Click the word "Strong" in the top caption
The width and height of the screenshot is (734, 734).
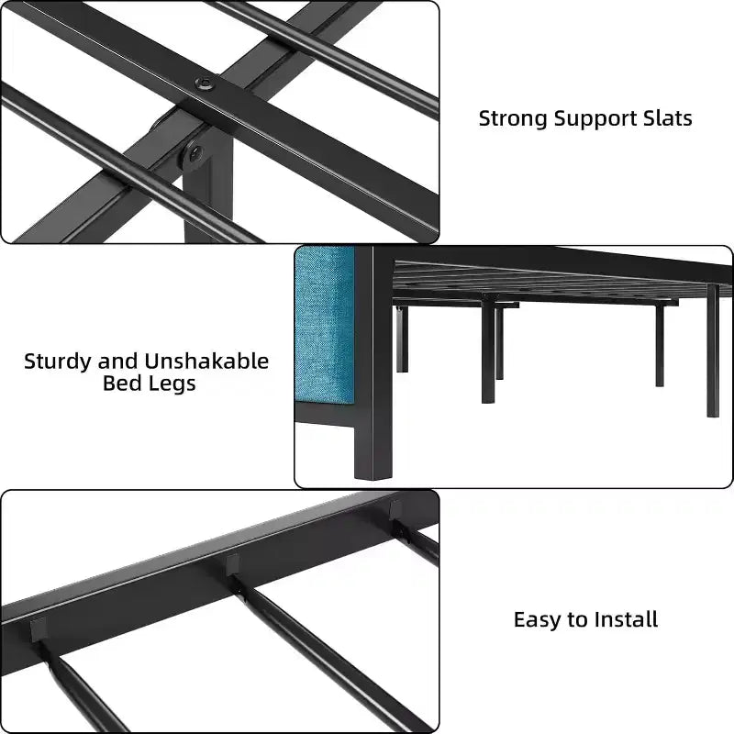pos(513,119)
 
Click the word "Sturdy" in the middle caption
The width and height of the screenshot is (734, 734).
pos(57,361)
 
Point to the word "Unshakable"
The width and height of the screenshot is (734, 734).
pos(206,361)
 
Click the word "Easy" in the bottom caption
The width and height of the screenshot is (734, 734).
pos(538,620)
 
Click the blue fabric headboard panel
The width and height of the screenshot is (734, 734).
pos(325,325)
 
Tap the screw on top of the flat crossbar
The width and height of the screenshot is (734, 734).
pos(205,83)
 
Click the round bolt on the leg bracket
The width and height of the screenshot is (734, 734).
pos(195,152)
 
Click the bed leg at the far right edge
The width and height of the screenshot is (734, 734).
pos(712,350)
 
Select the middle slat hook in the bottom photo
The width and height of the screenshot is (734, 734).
pos(232,566)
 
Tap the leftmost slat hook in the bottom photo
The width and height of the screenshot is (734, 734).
pos(39,630)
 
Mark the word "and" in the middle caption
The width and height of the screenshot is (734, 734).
pos(117,361)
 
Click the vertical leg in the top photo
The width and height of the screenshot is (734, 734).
pos(208,192)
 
